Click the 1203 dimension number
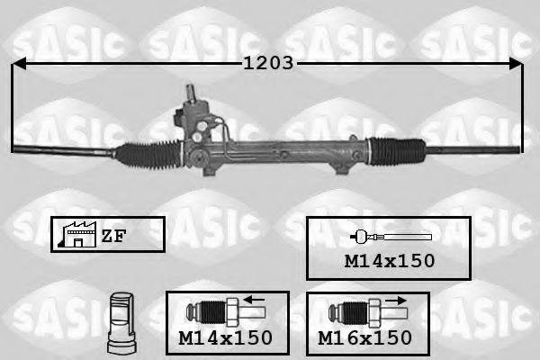click(x=267, y=64)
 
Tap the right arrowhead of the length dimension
click(x=515, y=64)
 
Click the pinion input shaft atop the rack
click(x=192, y=94)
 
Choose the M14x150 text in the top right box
click(x=390, y=261)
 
